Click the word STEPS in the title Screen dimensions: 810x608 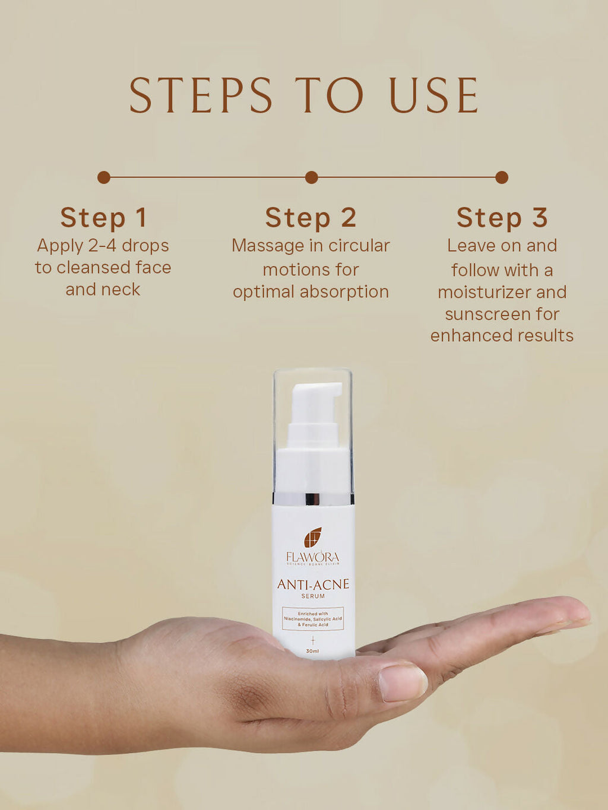click(x=201, y=96)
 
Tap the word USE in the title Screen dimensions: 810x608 click(x=433, y=96)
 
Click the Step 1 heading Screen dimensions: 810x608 click(x=103, y=218)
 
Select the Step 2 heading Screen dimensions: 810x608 click(x=311, y=218)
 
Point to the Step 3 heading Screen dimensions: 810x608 click(x=502, y=218)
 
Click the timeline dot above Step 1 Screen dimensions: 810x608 click(x=104, y=177)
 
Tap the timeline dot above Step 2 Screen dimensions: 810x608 click(x=311, y=177)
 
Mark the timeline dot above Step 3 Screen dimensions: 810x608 click(x=502, y=177)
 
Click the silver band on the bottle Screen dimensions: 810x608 click(x=313, y=498)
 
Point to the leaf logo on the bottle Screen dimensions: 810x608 click(x=313, y=537)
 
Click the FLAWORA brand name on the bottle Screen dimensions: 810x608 click(x=313, y=557)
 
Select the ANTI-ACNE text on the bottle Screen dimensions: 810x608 click(x=313, y=585)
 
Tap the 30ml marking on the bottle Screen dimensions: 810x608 click(x=313, y=651)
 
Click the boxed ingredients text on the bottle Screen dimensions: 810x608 click(x=313, y=619)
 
